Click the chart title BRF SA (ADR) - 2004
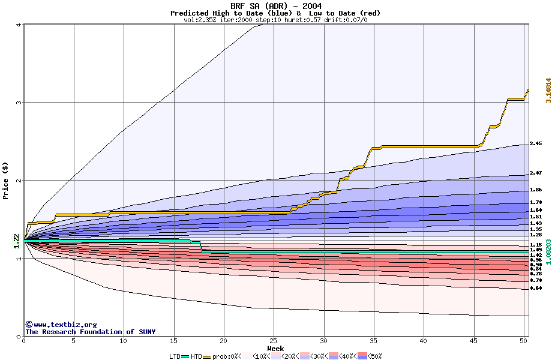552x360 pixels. point(275,6)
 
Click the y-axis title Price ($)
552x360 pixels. point(6,180)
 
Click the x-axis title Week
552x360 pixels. point(275,349)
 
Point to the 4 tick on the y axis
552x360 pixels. point(19,25)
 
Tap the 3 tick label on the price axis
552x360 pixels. point(19,103)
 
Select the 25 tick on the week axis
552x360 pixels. point(274,341)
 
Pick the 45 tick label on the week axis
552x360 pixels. point(473,341)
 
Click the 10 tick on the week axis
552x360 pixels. point(124,341)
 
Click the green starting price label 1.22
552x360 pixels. point(17,241)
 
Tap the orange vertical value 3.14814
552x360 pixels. point(547,91)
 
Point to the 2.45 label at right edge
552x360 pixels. point(536,144)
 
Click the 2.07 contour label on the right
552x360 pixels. point(536,173)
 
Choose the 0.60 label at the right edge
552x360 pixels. point(536,288)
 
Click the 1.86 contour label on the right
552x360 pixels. point(536,190)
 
